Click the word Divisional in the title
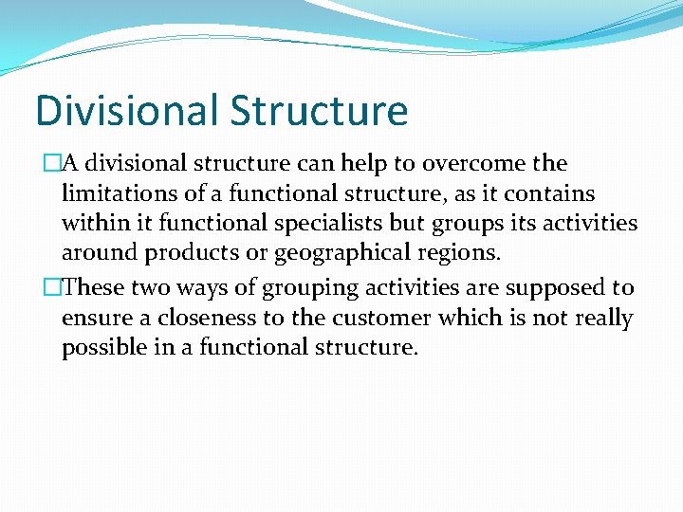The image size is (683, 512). coord(127,110)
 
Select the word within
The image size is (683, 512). coord(95,224)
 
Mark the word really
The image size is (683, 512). coord(601,318)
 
